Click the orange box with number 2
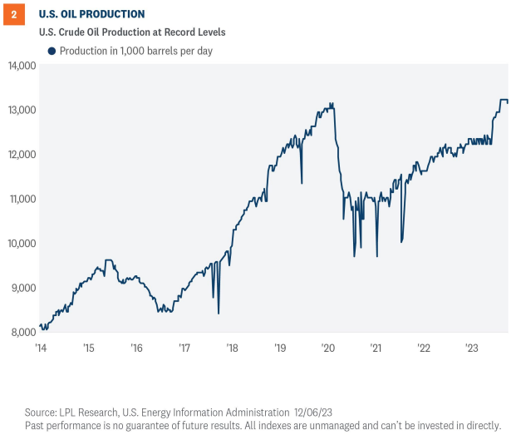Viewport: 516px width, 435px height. click(x=14, y=14)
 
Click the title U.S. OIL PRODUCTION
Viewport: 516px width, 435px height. click(x=91, y=14)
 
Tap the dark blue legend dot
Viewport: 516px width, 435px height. click(x=52, y=51)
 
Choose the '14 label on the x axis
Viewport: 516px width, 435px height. click(x=40, y=348)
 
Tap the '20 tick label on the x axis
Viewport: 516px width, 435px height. click(x=327, y=348)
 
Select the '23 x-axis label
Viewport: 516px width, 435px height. click(x=470, y=348)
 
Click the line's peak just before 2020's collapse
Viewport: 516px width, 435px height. click(x=332, y=104)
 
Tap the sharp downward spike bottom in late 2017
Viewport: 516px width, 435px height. click(x=219, y=313)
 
